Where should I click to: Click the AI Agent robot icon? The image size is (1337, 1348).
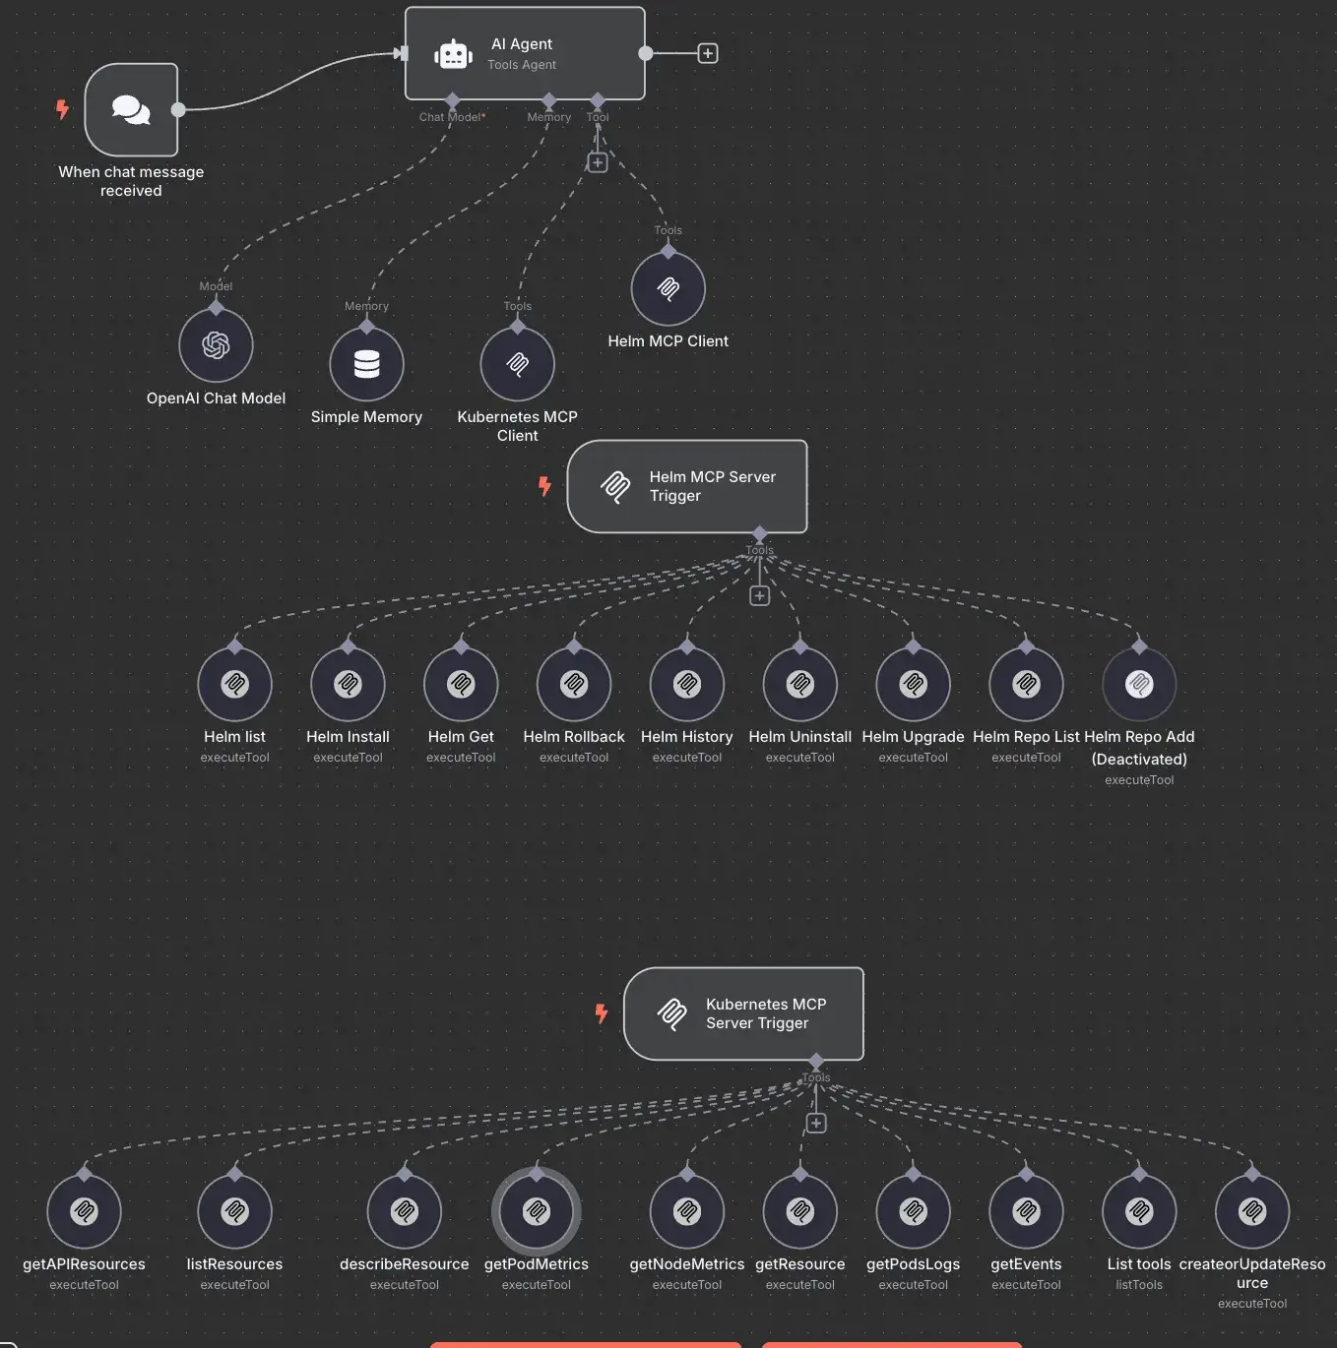(x=453, y=54)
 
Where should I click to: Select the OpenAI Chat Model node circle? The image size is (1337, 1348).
(x=216, y=345)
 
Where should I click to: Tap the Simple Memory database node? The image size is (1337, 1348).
(x=366, y=364)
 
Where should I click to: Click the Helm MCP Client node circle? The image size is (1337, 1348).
(x=668, y=288)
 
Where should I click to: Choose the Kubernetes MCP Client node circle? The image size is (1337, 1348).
(x=517, y=364)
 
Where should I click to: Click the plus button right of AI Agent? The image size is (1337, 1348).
(x=708, y=53)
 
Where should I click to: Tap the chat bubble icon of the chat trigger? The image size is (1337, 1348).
(x=131, y=109)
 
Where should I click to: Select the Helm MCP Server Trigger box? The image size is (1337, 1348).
(x=687, y=486)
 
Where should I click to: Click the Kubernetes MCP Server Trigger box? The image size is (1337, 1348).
(x=743, y=1013)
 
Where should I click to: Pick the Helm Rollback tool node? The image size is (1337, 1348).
(x=574, y=684)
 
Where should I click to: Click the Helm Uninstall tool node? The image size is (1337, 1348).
(x=800, y=684)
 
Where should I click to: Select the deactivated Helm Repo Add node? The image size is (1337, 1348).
(x=1139, y=684)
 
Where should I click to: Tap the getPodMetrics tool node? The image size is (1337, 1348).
(x=537, y=1211)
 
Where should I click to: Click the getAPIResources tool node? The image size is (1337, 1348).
(x=85, y=1211)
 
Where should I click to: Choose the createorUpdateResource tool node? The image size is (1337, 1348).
(x=1252, y=1211)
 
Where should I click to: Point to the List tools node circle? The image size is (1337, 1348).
(x=1139, y=1211)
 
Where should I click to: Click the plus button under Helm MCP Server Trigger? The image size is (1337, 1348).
(x=759, y=596)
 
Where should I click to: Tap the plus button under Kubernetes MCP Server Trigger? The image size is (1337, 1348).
(x=816, y=1124)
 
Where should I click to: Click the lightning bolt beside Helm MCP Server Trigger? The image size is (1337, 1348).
(x=544, y=486)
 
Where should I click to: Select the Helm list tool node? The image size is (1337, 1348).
(x=234, y=684)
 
